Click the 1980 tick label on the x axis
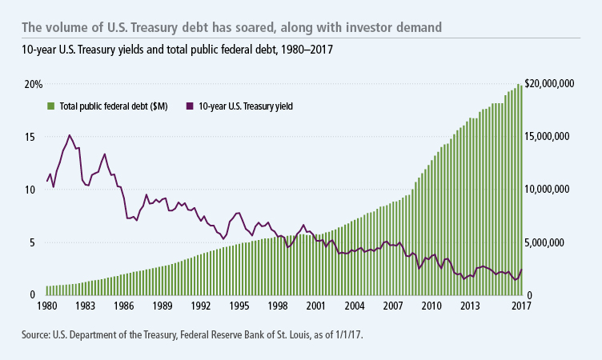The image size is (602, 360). click(46, 306)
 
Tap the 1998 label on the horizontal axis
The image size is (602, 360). click(277, 306)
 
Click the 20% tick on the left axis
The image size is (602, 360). click(33, 84)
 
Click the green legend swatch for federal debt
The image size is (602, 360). click(50, 106)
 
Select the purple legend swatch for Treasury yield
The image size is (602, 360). click(189, 106)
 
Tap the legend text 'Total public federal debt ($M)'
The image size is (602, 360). click(116, 106)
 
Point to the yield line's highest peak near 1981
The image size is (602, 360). click(70, 135)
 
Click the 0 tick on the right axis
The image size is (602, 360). click(530, 295)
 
